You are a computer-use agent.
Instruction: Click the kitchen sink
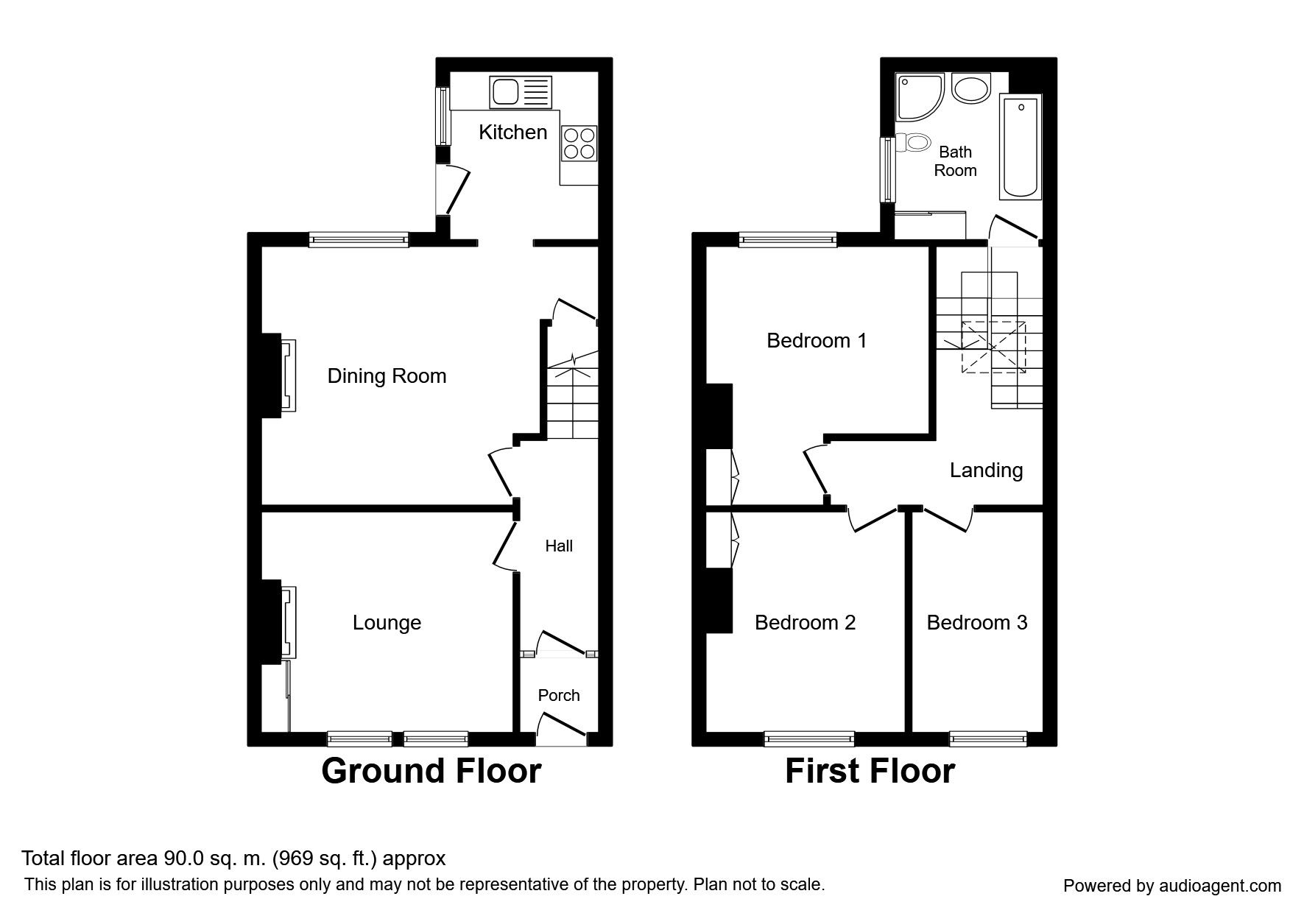click(519, 93)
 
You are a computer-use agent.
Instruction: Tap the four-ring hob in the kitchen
click(579, 143)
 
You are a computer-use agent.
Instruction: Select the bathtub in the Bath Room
click(1021, 147)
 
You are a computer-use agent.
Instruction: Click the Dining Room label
click(387, 376)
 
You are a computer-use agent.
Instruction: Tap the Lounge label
click(387, 623)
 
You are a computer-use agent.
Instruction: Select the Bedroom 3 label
click(976, 623)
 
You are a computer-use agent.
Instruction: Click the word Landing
click(986, 470)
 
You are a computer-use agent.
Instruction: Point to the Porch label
click(559, 695)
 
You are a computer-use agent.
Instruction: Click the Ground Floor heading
click(431, 771)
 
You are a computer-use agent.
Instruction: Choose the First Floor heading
click(870, 771)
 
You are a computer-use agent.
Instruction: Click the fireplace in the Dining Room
click(280, 376)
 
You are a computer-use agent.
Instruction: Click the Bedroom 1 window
click(789, 239)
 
